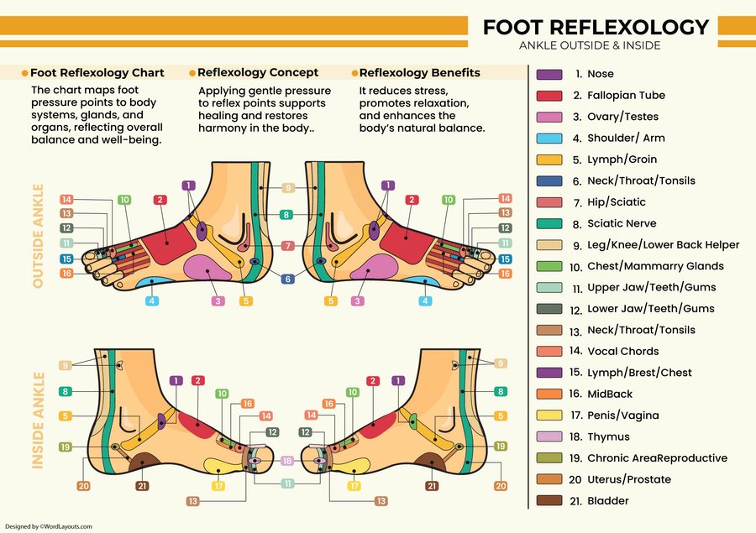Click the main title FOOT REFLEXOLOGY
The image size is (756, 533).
[596, 27]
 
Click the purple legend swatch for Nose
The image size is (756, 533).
[549, 74]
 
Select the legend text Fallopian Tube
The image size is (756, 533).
[626, 96]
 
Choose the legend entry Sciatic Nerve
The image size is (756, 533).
[622, 223]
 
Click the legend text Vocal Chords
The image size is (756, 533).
[622, 352]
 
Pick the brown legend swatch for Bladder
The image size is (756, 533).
[549, 501]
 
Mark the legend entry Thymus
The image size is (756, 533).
[608, 436]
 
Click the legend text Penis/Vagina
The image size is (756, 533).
[622, 415]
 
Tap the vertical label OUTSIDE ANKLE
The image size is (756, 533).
[38, 236]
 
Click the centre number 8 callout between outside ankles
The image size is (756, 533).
[287, 216]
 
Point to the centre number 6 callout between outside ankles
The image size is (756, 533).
[287, 280]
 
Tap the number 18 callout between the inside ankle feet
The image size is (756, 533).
[287, 461]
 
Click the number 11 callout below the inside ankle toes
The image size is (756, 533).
[287, 483]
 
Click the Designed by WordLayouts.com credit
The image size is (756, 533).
[48, 526]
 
